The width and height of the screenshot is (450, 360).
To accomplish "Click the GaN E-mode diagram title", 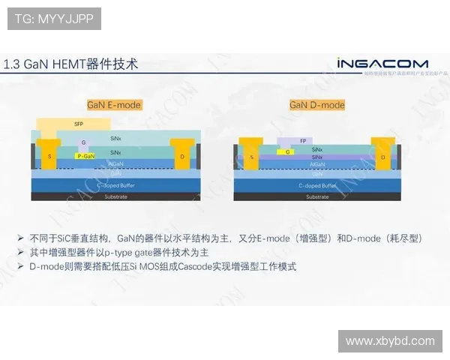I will pos(115,105).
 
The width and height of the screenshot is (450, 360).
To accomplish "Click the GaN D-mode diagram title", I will pos(317,105).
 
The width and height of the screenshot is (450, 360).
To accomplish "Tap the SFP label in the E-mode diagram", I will pos(79,124).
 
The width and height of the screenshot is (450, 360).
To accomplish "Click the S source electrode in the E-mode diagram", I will pos(50,155).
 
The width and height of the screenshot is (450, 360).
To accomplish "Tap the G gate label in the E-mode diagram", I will pos(84,142).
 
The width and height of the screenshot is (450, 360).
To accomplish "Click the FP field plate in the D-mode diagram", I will pos(301,141).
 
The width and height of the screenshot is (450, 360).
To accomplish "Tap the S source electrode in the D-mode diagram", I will pos(252,157).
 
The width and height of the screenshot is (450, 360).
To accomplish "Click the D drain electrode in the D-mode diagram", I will pos(382,157).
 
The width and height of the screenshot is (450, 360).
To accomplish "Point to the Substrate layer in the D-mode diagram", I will pos(318,196).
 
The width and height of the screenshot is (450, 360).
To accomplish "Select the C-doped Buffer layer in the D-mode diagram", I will pos(318,185).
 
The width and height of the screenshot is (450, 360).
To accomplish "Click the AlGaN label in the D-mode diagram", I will pos(317,164).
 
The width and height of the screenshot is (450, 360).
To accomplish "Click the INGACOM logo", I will pos(382,63).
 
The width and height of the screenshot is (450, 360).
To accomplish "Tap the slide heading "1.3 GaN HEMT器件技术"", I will pos(71,64).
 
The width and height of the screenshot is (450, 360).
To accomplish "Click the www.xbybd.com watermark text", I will pos(390,341).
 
